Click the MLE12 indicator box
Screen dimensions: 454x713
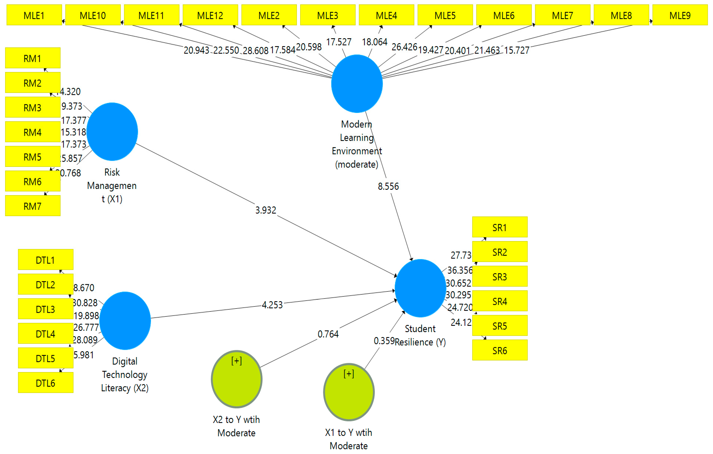pyautogui.click(x=210, y=15)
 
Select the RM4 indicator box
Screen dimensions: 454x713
pyautogui.click(x=33, y=132)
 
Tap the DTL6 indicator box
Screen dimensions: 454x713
pyautogui.click(x=46, y=383)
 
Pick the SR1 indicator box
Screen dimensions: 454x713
pyautogui.click(x=499, y=227)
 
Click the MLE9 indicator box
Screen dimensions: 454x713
pyautogui.click(x=680, y=15)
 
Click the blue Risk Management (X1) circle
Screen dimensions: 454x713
pyautogui.click(x=112, y=132)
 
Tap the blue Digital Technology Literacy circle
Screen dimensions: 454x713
pyautogui.click(x=125, y=321)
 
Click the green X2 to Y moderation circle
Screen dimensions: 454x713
pyautogui.click(x=237, y=379)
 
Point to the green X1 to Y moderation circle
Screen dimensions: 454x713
pyautogui.click(x=349, y=392)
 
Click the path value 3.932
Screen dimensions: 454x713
pyautogui.click(x=266, y=210)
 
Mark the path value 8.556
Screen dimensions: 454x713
pyautogui.click(x=388, y=186)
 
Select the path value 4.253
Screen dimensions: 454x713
pyautogui.click(x=272, y=305)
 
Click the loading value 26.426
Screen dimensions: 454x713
pyautogui.click(x=404, y=47)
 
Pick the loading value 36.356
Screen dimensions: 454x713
pyautogui.click(x=459, y=270)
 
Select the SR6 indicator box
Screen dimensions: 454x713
pyautogui.click(x=499, y=350)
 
